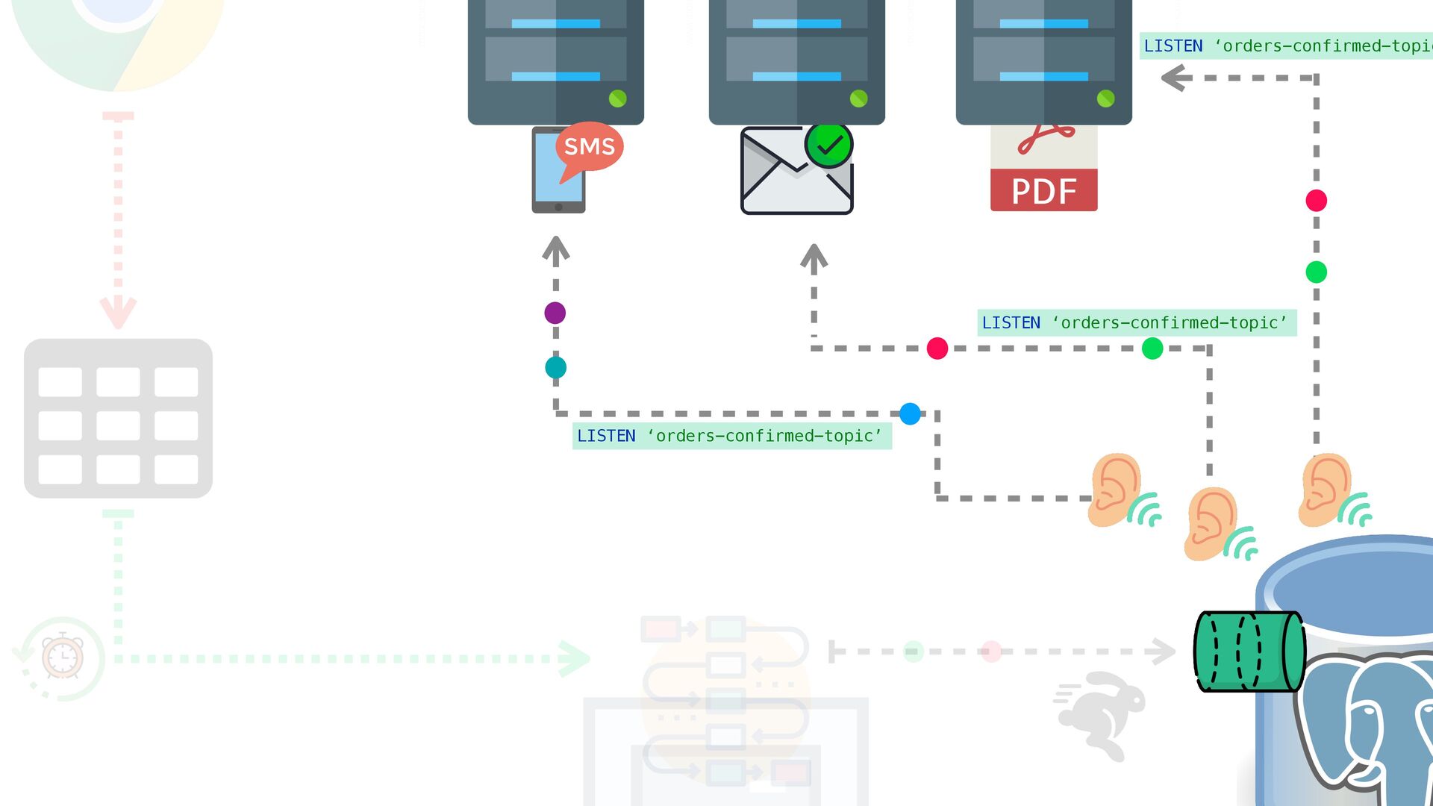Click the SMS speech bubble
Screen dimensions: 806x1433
589,147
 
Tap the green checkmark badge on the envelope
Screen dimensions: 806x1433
828,145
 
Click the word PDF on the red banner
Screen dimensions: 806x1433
1043,191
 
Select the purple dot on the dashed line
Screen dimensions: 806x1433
555,313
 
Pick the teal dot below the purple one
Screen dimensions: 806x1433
555,367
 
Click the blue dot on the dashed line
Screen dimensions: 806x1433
910,413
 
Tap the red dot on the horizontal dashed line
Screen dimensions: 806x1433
937,349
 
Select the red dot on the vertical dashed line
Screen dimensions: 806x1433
1316,201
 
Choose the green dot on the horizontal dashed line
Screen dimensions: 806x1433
1152,349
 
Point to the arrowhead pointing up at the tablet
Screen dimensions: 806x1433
556,248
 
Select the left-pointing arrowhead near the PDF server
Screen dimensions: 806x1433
1174,78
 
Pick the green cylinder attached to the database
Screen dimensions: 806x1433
1249,652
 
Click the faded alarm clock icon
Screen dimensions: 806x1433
63,656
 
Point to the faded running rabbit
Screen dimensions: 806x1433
1102,713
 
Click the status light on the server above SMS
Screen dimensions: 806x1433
617,99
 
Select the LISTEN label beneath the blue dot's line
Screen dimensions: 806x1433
731,436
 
